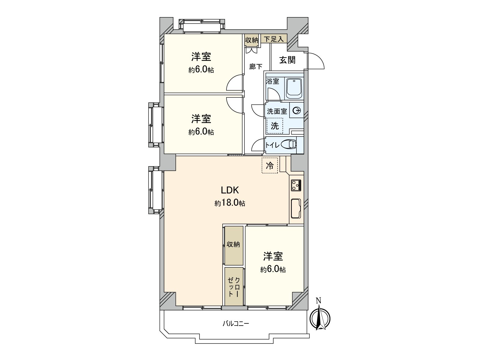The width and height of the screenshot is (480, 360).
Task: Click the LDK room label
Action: pyautogui.click(x=230, y=190)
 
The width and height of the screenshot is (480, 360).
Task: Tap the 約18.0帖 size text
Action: pyautogui.click(x=230, y=203)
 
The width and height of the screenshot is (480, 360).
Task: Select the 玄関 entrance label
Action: pyautogui.click(x=287, y=60)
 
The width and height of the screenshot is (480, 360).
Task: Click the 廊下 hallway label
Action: pyautogui.click(x=256, y=67)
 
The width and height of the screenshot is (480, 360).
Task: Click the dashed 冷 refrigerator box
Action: pyautogui.click(x=270, y=165)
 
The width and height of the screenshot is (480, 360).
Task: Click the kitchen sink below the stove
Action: pyautogui.click(x=296, y=208)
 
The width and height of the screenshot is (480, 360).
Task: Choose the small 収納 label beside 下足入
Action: pyautogui.click(x=251, y=40)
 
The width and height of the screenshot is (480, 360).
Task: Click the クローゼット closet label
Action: pyautogui.click(x=234, y=286)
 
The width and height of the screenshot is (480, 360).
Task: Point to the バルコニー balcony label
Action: pyautogui.click(x=236, y=324)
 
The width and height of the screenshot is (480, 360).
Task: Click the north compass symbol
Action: pyautogui.click(x=319, y=319)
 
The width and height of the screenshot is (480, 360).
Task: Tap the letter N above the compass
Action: pyautogui.click(x=319, y=300)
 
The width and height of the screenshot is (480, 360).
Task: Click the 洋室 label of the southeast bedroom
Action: pyautogui.click(x=273, y=256)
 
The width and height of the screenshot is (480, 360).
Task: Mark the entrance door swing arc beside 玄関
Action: pyautogui.click(x=317, y=61)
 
